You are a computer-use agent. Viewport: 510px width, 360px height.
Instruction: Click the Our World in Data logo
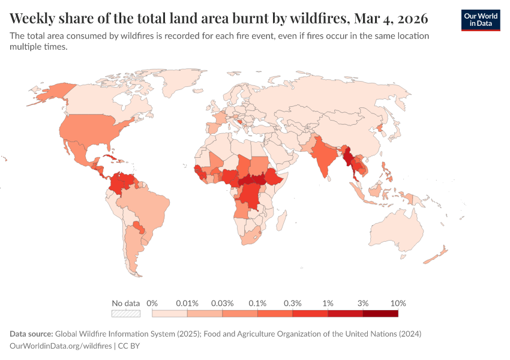(x=480, y=20)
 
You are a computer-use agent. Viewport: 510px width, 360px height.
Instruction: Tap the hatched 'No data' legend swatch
(x=125, y=313)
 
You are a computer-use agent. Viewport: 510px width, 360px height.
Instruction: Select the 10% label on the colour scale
(x=398, y=303)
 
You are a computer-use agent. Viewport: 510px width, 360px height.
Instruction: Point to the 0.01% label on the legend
(x=187, y=303)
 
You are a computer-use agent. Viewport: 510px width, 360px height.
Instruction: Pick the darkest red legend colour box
(x=380, y=313)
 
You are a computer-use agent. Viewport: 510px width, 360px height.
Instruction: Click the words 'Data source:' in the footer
(x=31, y=334)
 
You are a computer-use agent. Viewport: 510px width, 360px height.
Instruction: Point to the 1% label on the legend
(x=328, y=303)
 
